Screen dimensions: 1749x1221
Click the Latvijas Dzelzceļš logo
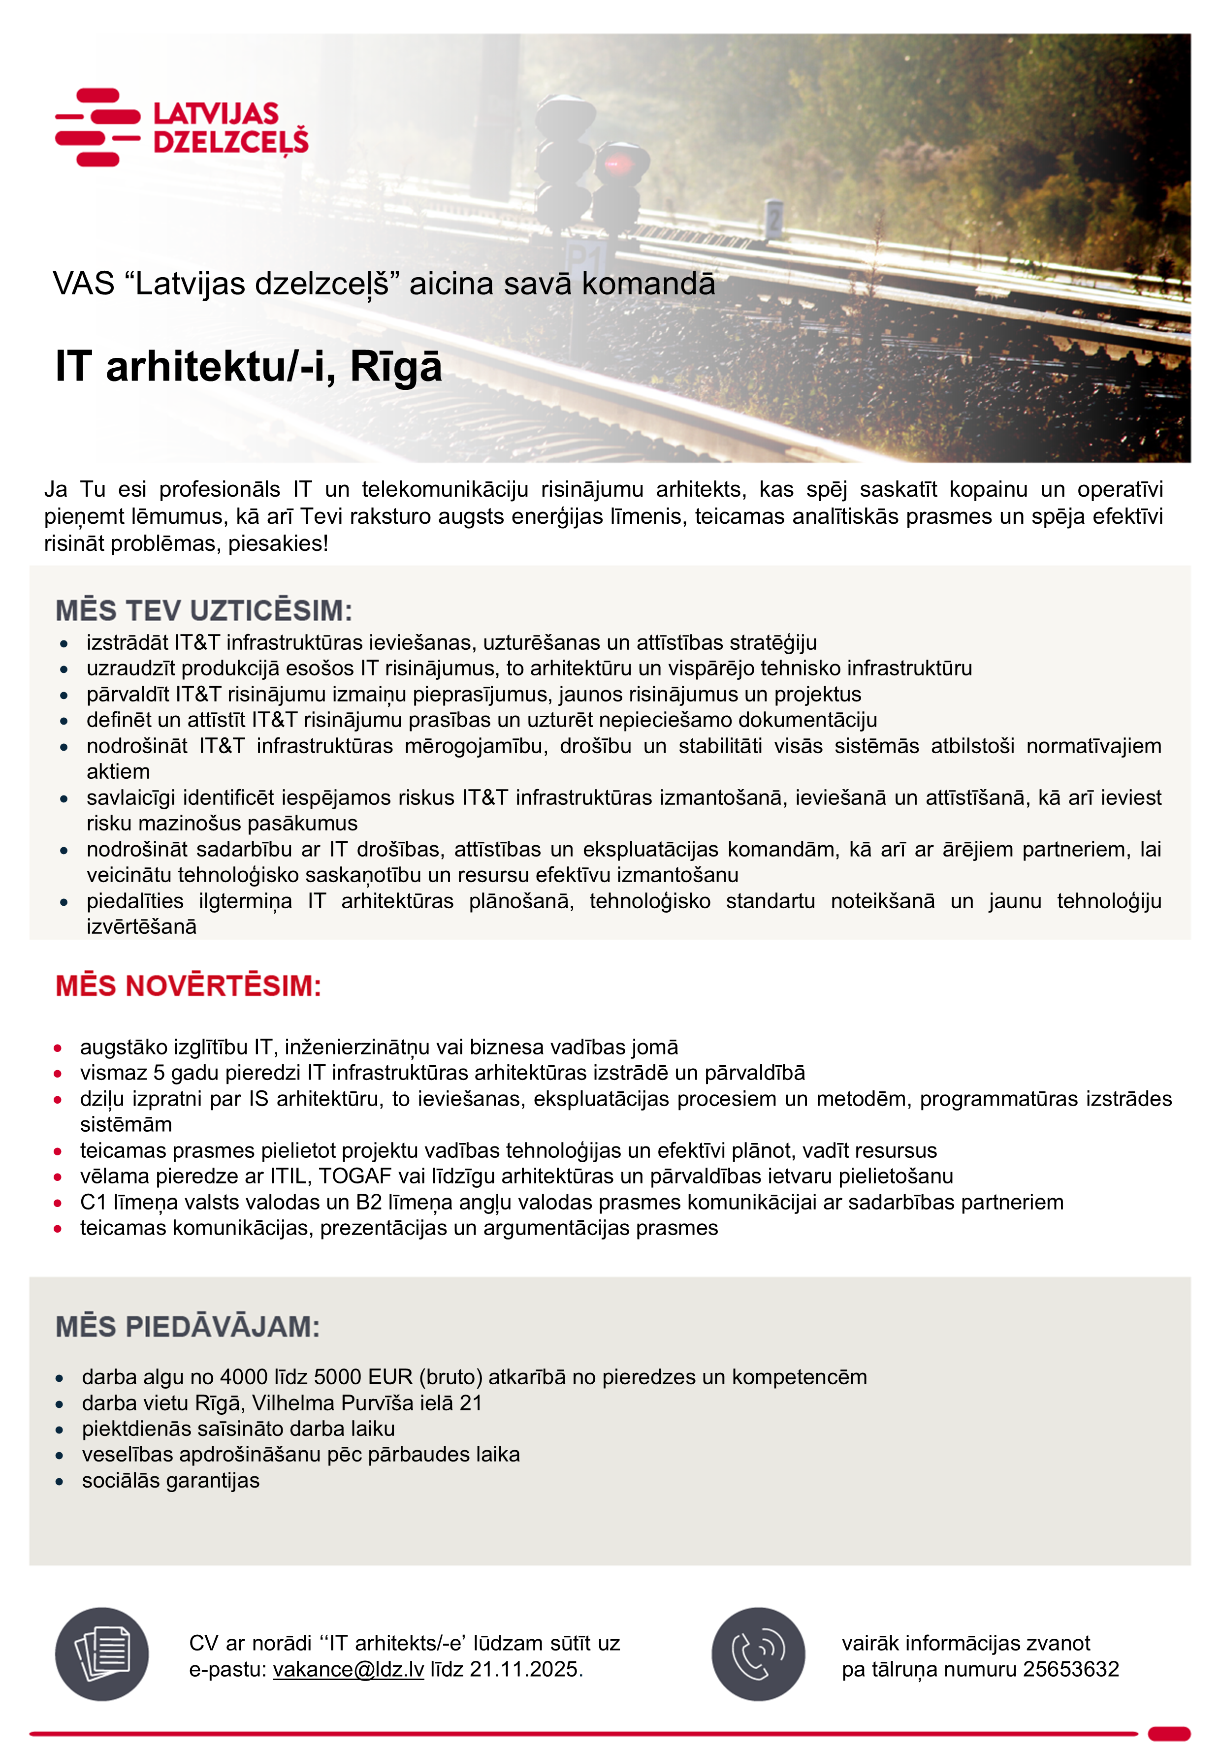pos(181,127)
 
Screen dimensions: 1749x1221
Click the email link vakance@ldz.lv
pos(348,1669)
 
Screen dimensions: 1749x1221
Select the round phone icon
pos(758,1654)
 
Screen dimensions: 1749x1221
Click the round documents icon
pos(101,1654)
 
